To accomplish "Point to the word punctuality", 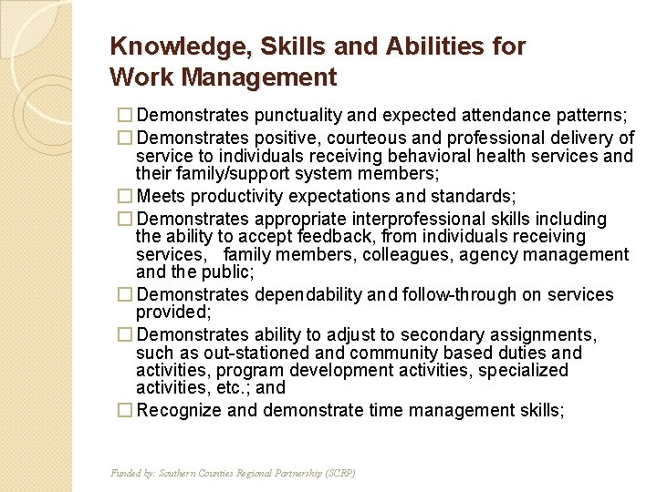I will [300, 116].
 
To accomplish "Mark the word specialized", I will [522, 370].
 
